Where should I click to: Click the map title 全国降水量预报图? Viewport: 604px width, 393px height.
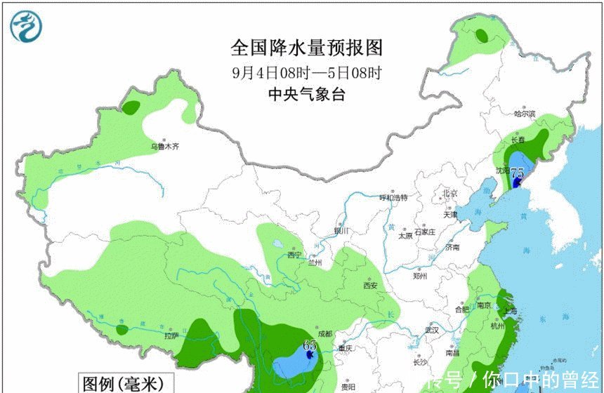coord(307,48)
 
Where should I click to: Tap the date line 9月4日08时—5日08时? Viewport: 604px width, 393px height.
coord(307,72)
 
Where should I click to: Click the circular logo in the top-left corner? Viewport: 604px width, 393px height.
coord(26,26)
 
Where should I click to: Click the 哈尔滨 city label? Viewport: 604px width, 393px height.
coord(524,114)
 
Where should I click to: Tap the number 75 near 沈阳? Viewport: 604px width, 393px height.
coord(518,173)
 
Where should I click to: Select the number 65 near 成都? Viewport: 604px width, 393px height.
coord(310,345)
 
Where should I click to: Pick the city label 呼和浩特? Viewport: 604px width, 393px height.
coord(393,198)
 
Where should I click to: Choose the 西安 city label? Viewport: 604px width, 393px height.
coord(370,285)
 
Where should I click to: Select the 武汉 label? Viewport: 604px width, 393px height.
coord(431,330)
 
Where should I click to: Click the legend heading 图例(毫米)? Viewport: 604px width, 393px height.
coord(122,384)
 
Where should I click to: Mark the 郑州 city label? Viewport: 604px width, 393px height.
coord(421,276)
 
